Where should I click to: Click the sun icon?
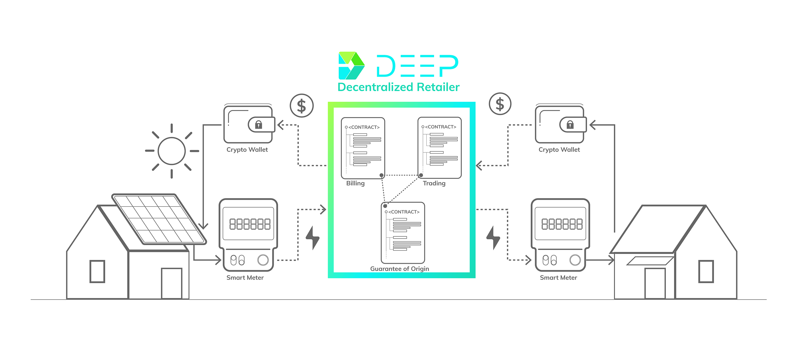pos(172,151)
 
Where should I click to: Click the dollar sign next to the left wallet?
pos(302,106)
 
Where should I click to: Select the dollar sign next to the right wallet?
pos(500,104)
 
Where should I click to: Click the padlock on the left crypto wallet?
pos(258,125)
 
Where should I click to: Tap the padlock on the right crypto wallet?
pos(570,125)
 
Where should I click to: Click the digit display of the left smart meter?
pos(250,224)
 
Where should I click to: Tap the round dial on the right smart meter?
pos(575,260)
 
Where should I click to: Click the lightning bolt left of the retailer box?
pos(312,238)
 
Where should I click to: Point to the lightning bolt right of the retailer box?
pos(493,238)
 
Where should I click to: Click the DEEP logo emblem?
pos(352,66)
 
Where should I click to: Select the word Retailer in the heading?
pos(438,87)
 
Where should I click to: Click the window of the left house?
pos(97,271)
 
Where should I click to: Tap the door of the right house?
pos(655,283)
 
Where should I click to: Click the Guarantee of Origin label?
pos(399,269)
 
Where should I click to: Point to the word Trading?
pos(434,183)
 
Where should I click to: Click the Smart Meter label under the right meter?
pos(559,278)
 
